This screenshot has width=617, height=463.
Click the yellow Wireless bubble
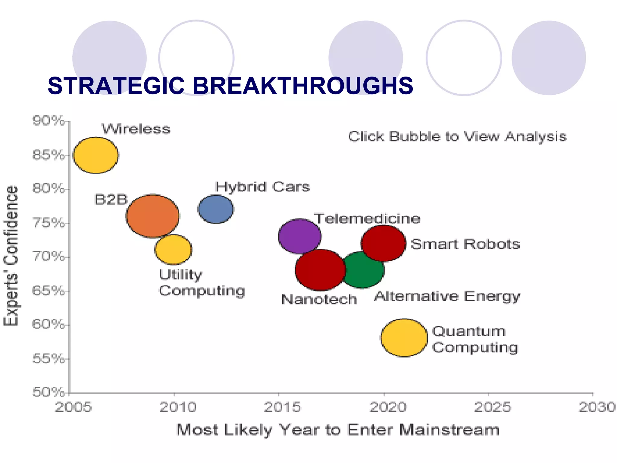(96, 155)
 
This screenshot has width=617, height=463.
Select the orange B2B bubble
(152, 216)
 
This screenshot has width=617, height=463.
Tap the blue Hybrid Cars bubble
(216, 209)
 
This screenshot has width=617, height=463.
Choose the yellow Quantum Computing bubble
(404, 338)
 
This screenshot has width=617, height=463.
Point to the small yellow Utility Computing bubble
(173, 250)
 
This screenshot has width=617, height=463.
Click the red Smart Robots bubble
(384, 243)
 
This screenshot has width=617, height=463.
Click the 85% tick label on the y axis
(48, 155)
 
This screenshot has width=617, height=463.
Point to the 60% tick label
(48, 325)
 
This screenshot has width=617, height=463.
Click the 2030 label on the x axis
(597, 407)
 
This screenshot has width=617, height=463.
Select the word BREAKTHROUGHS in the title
(302, 86)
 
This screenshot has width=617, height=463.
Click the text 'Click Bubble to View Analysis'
(457, 137)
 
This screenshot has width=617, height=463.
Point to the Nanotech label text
(319, 300)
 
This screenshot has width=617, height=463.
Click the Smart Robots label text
(465, 244)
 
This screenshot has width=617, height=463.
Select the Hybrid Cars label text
(262, 187)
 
